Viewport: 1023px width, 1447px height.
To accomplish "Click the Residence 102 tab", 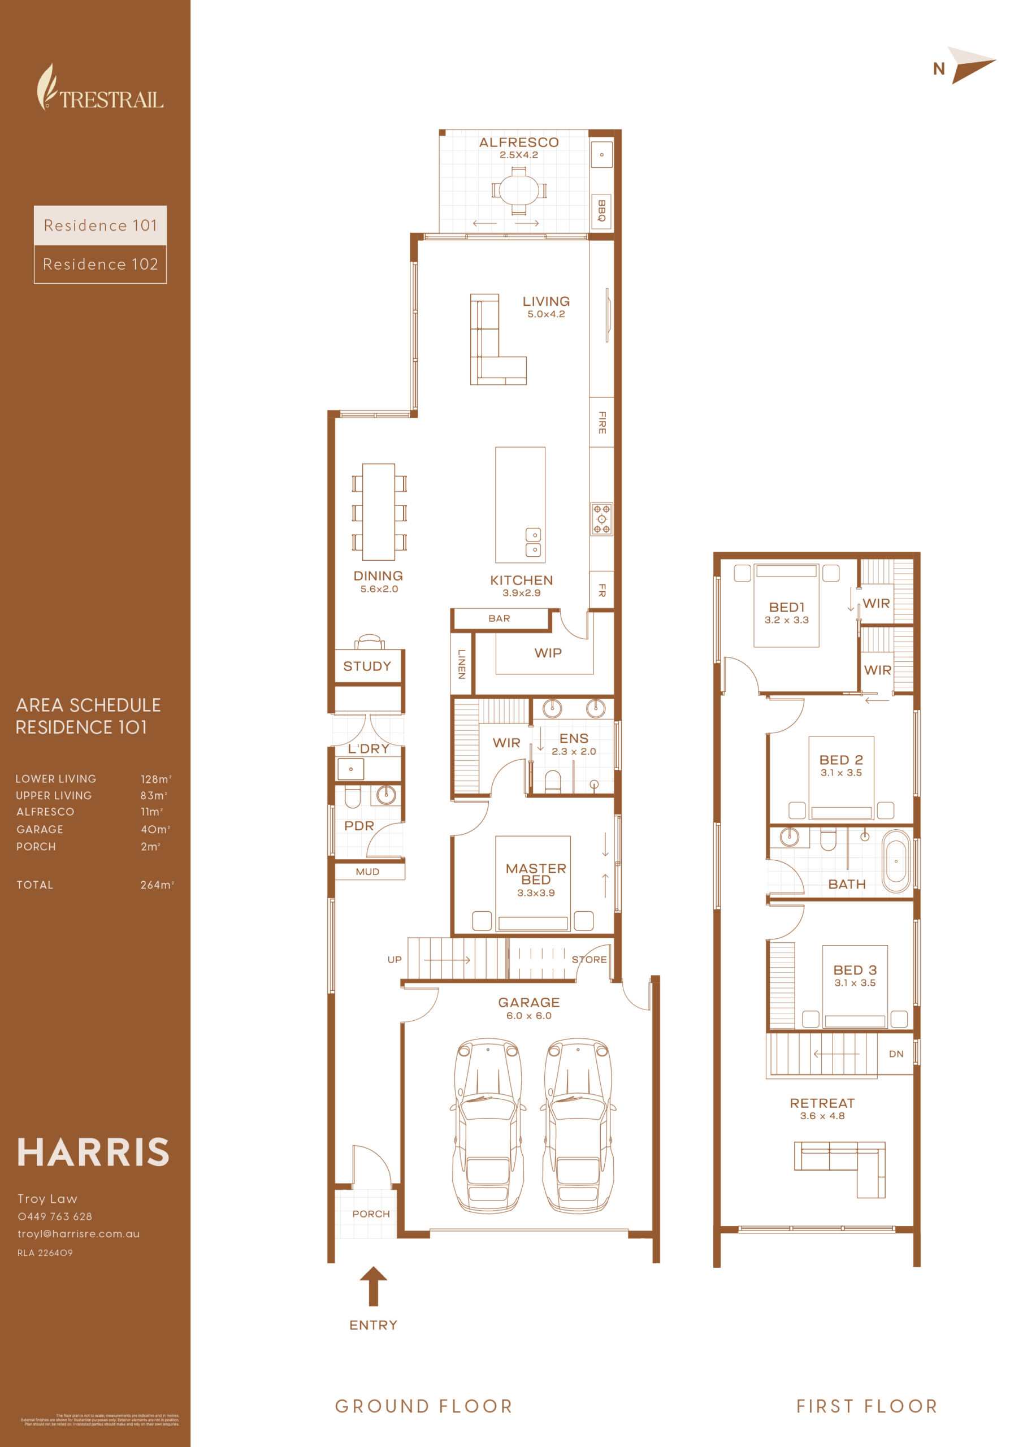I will coord(100,264).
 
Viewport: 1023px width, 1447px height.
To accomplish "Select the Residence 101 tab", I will coord(100,225).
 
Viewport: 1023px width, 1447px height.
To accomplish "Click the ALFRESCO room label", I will coord(519,142).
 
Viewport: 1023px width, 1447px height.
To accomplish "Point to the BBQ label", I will coord(601,210).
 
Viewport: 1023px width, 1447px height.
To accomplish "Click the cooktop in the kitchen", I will coord(601,519).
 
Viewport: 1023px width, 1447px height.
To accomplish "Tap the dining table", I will coord(378,512).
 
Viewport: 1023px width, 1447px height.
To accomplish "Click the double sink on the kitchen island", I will coord(533,542).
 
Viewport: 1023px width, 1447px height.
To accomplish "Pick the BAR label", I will coord(499,618).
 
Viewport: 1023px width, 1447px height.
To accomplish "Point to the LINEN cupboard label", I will coord(461,664).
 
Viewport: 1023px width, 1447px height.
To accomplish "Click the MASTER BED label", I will coord(536,873).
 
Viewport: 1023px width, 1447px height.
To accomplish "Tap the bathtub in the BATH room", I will coord(896,861).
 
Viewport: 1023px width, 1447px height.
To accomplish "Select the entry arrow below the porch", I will coord(373,1286).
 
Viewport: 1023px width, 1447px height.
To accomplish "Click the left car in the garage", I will coord(488,1125).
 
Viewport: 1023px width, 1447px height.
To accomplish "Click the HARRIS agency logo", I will coord(93,1153).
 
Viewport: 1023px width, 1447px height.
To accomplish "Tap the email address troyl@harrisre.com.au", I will coord(79,1234).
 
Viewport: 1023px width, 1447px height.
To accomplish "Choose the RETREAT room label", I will coord(822,1103).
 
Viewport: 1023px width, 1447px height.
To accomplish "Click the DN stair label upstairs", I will coord(896,1054).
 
